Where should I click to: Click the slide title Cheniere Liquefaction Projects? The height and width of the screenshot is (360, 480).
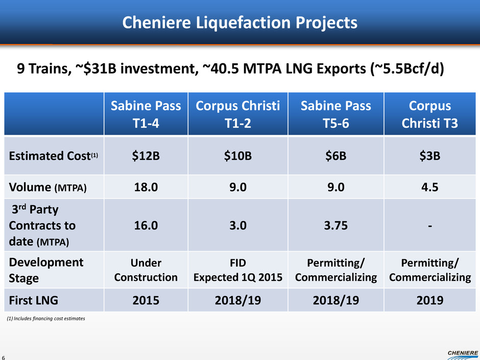click(x=239, y=23)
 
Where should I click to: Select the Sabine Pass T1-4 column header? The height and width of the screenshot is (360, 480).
click(x=146, y=114)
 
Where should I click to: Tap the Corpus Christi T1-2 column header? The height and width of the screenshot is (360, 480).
click(x=237, y=114)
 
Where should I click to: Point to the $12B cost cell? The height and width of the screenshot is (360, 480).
click(x=146, y=156)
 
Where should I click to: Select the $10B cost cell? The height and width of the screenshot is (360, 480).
click(x=237, y=156)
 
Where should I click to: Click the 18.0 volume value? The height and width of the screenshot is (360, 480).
click(x=146, y=187)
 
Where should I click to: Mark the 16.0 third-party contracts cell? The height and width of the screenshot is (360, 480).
click(x=146, y=225)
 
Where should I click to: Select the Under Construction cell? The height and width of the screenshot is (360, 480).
click(x=146, y=270)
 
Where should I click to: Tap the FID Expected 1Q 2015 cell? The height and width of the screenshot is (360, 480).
click(x=237, y=270)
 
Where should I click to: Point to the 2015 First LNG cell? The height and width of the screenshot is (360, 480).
click(x=146, y=300)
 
